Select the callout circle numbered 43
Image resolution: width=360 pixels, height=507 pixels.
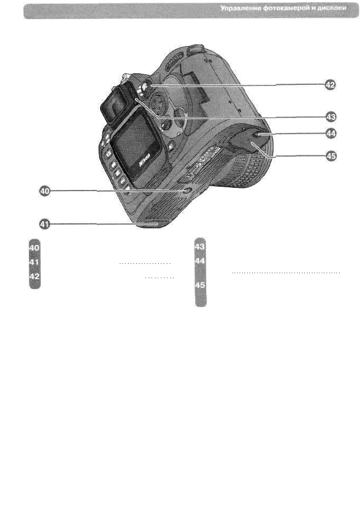coord(329,116)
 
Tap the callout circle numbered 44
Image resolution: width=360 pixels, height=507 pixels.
coord(329,133)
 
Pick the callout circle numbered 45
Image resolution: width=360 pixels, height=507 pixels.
coord(329,157)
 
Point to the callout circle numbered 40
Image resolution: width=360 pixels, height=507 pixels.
coord(44,191)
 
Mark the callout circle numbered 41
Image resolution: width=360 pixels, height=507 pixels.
coord(44,223)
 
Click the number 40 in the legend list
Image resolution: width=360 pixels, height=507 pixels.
coord(34,248)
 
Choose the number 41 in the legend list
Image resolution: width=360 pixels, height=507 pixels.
coord(34,263)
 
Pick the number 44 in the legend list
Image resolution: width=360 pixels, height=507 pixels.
coord(200,262)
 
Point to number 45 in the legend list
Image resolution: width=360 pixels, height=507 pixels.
coord(200,286)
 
